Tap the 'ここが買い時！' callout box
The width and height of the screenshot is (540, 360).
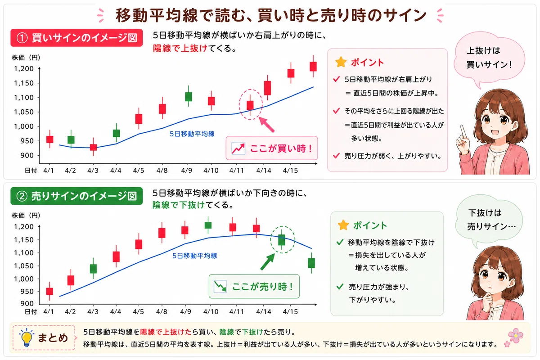272,148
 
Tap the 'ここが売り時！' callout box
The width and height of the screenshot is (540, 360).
254,287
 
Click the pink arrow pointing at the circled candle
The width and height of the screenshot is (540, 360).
266,124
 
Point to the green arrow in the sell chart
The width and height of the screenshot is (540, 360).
268,261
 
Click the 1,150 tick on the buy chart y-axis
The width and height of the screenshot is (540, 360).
23,83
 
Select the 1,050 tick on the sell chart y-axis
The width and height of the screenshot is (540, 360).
23,265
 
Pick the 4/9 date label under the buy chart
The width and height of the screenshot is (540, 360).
187,171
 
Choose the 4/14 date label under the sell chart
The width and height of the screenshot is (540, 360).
264,311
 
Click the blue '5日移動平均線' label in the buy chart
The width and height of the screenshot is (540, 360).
192,134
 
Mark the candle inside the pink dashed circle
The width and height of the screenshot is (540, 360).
250,105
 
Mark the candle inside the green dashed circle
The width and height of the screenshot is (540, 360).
282,239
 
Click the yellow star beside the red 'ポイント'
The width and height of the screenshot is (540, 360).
341,62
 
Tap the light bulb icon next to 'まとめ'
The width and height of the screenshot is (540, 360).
27,337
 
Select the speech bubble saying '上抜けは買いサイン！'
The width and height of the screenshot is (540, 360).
490,58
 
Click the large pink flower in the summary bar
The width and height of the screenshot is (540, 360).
516,336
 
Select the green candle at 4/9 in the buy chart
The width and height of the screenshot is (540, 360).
189,96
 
